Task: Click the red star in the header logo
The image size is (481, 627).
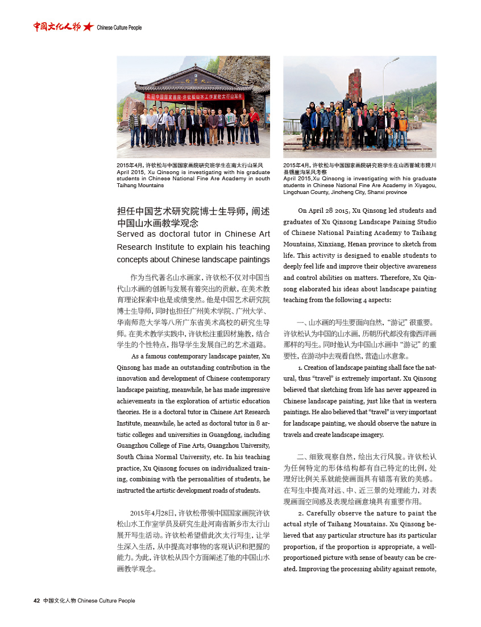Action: point(88,27)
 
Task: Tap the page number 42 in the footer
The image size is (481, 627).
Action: point(36,600)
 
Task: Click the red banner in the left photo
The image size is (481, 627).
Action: point(194,97)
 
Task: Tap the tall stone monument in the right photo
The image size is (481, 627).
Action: point(354,85)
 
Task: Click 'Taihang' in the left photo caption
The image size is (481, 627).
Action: point(131,185)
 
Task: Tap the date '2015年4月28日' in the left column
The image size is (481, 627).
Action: point(152,513)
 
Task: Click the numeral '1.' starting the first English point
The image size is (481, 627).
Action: point(300,368)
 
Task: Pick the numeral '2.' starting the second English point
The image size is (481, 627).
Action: point(300,513)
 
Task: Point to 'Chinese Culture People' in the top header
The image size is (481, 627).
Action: point(119,27)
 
